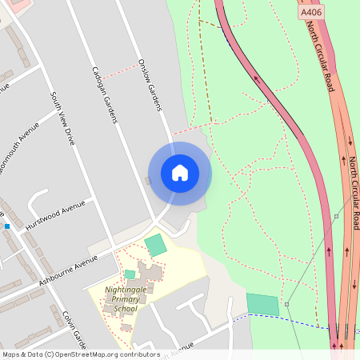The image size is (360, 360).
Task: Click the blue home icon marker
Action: point(180,173)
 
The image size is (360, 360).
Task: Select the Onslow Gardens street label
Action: point(150,84)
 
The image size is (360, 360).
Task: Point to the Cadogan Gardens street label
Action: point(105,94)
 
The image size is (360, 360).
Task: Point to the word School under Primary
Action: point(126,309)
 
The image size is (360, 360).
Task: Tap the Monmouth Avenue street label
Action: point(18,152)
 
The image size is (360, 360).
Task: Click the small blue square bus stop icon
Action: point(7,226)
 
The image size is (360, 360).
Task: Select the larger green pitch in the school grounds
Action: point(156,245)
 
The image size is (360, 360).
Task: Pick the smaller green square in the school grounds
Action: point(130,274)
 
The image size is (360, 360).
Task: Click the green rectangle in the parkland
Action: point(262,304)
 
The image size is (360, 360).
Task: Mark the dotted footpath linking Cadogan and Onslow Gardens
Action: point(120,70)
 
